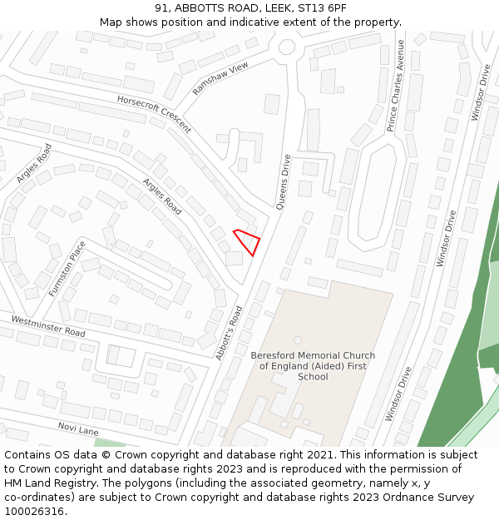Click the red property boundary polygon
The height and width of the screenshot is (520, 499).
247,241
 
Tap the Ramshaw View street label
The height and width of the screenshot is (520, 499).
220,78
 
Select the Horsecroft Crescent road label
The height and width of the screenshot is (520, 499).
154,113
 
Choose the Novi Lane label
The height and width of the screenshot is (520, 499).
78,428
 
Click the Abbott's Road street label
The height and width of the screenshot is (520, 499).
229,333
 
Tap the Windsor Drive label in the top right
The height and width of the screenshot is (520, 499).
480,92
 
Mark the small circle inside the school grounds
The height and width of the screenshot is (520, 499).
298,339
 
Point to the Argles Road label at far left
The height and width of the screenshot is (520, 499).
34,163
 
